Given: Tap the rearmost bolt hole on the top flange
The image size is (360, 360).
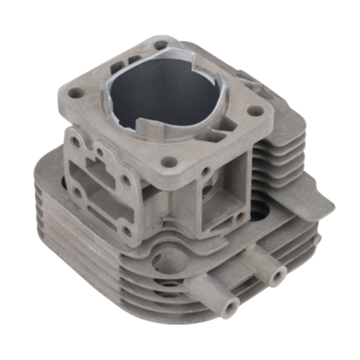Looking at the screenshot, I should (x=161, y=45).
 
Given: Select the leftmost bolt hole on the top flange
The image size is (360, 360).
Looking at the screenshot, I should (x=75, y=93).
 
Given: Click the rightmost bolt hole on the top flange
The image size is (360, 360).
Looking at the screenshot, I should (x=255, y=111).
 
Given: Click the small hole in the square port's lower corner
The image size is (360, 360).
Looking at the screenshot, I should (x=238, y=218).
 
